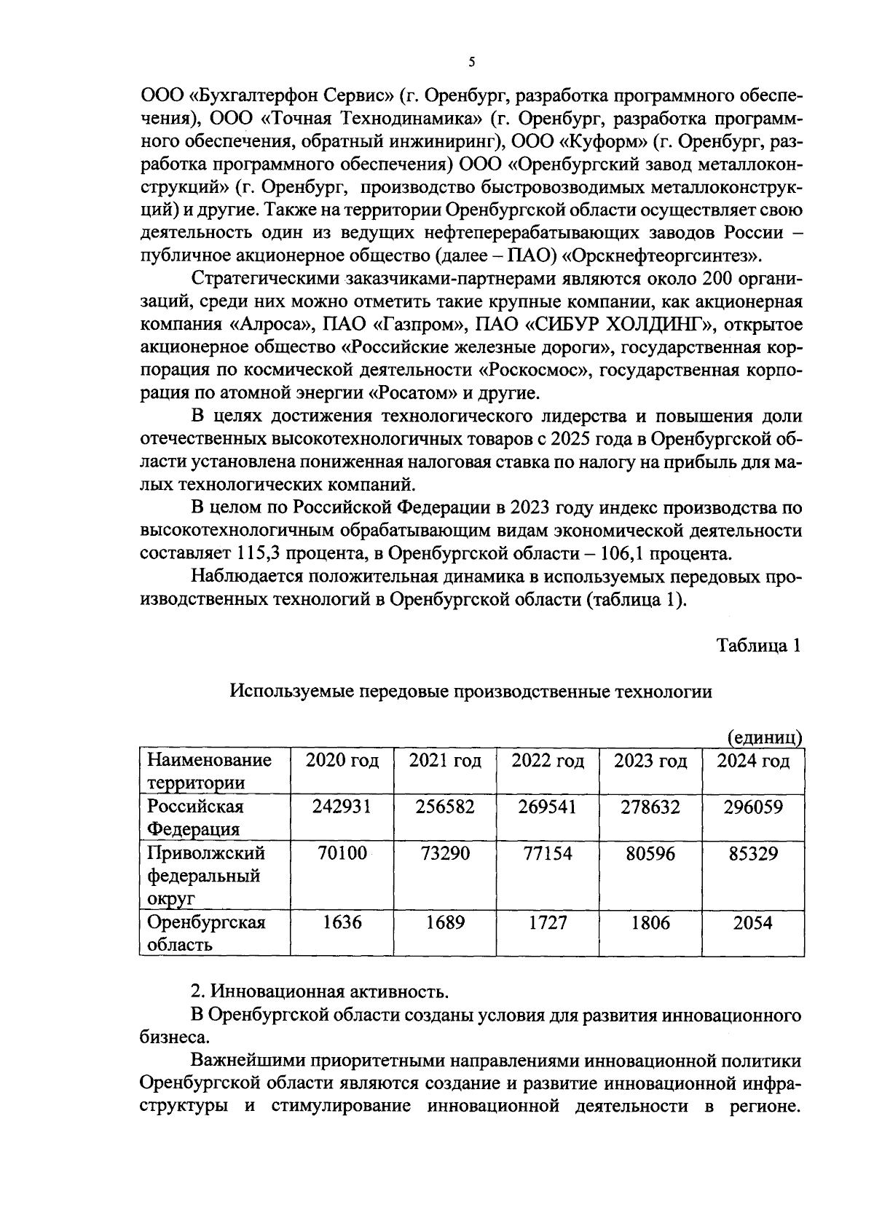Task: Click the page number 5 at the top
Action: pos(471,62)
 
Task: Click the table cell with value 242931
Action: pos(342,807)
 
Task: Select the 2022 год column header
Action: pos(548,761)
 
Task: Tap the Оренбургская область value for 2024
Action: pos(753,923)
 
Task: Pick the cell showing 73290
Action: pos(445,853)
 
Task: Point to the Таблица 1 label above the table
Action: pos(759,646)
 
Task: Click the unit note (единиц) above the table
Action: pos(765,737)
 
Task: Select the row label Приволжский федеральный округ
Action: pos(206,875)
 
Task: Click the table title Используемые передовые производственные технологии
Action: pos(471,692)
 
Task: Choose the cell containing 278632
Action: pos(650,807)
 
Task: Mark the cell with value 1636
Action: pos(342,923)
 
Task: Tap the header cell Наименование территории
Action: pos(209,772)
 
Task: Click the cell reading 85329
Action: pos(753,853)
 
